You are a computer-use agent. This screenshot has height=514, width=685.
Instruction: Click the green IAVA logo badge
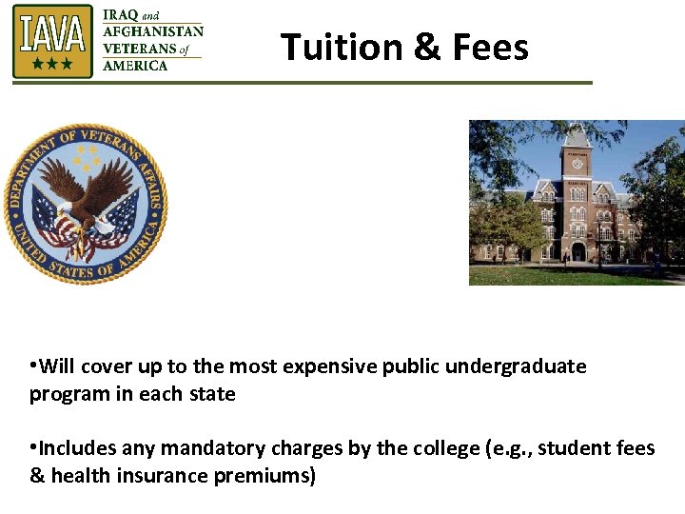click(x=53, y=41)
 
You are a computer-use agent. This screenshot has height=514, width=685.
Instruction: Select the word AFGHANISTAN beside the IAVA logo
click(x=152, y=31)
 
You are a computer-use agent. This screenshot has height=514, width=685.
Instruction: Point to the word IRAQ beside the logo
click(x=120, y=15)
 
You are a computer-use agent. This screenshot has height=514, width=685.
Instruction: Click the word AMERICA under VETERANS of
click(x=135, y=66)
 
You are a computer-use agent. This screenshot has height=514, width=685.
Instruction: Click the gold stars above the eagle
click(x=87, y=157)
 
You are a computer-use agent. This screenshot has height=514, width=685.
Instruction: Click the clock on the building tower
click(x=577, y=164)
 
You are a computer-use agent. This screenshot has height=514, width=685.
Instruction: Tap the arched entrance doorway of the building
click(x=577, y=252)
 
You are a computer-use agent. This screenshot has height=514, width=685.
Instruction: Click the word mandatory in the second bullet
click(x=207, y=447)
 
